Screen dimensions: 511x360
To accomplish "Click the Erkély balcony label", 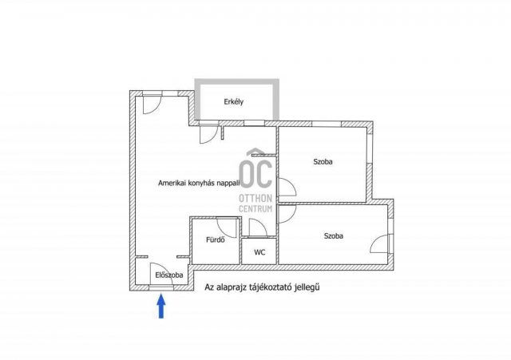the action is coord(234,102).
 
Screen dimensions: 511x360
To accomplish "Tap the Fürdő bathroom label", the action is coord(216,239).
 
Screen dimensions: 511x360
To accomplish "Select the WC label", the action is coord(259,252).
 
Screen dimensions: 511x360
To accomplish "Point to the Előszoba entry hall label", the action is coord(168,275).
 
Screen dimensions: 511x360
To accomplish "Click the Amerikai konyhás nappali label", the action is coord(199,183).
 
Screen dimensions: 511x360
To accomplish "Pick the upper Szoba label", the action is coord(323,161).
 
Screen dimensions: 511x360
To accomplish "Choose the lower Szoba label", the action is coord(334,235).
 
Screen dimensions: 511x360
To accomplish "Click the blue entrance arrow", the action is coord(161,306).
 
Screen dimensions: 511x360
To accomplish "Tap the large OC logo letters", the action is coord(255,170).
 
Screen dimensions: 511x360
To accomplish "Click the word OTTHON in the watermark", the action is coord(255,198).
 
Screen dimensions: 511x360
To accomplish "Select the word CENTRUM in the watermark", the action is coord(255,209).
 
